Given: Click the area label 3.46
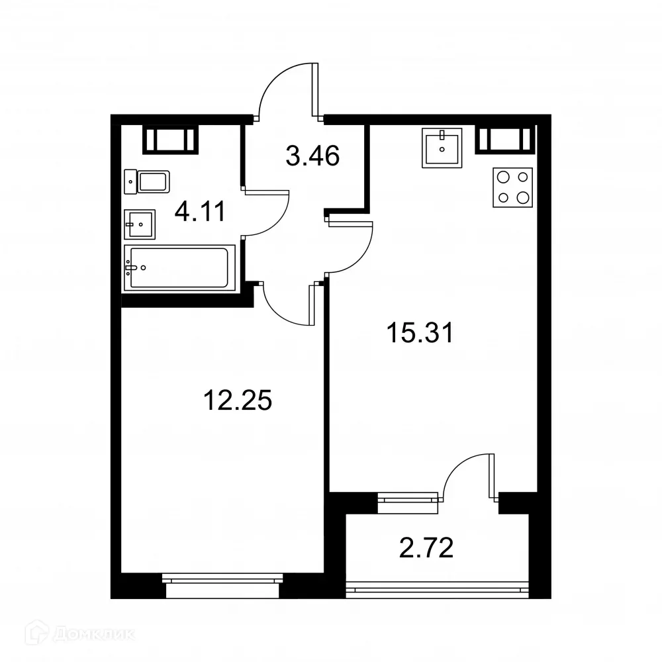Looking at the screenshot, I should pos(313,156).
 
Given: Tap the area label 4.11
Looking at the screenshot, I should pos(199,212).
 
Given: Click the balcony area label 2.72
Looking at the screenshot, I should pos(427,548).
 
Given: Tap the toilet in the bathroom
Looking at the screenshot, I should pos(148,181).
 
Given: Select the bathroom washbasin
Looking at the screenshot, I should pos(139,224).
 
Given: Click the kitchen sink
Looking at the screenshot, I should pos(442,149).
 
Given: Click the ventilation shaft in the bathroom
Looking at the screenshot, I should pos(171,140).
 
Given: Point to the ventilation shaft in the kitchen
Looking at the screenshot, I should pos(505,139).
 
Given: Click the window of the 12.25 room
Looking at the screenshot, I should pos(224,581).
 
